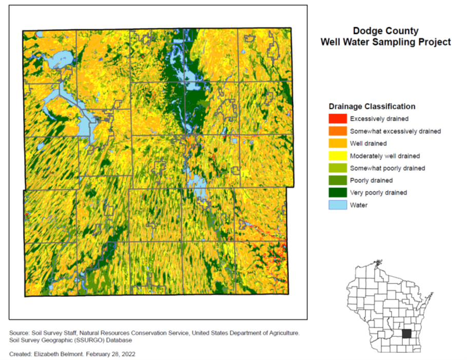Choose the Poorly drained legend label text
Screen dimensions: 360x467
coord(371,180)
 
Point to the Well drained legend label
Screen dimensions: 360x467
coord(368,143)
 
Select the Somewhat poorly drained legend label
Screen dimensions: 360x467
coord(387,168)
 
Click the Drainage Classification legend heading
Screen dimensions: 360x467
coord(372,106)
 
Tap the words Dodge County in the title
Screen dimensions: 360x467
coord(385,31)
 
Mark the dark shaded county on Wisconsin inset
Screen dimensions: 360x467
coord(406,333)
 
